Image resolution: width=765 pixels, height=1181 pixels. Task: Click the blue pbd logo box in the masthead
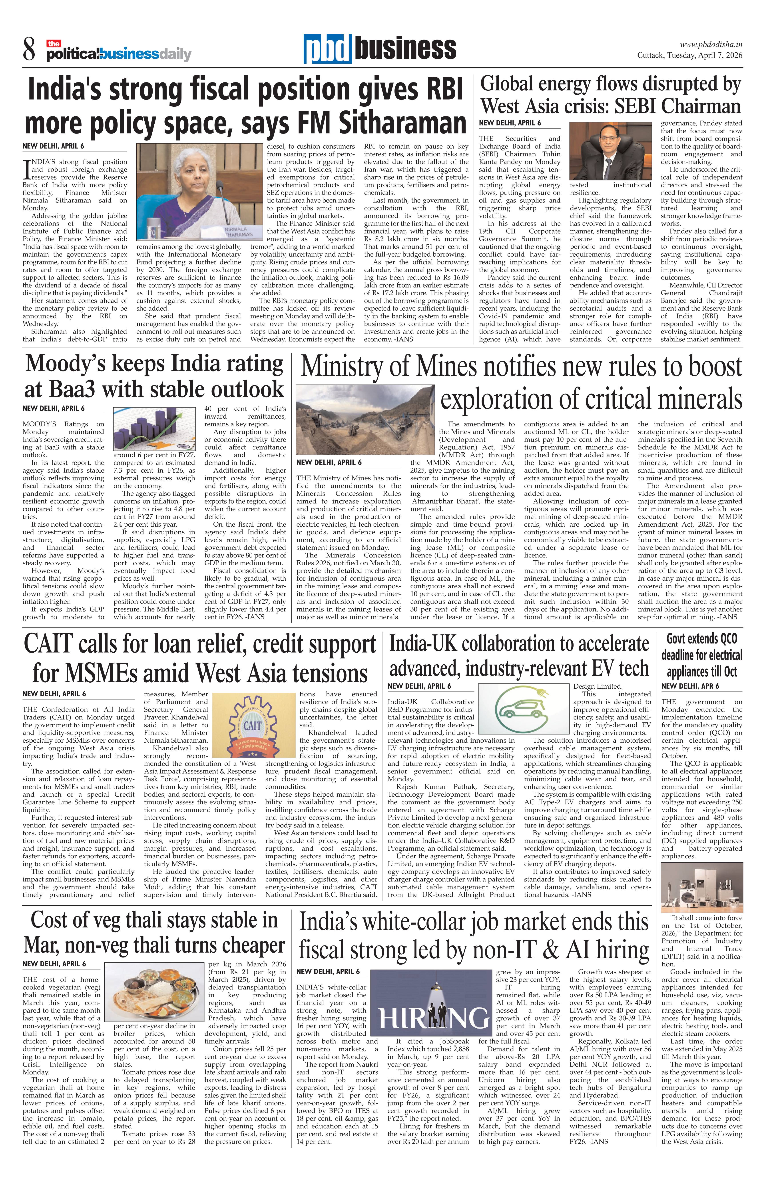[x=327, y=50]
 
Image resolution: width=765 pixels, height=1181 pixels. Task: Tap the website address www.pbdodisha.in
[x=710, y=44]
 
